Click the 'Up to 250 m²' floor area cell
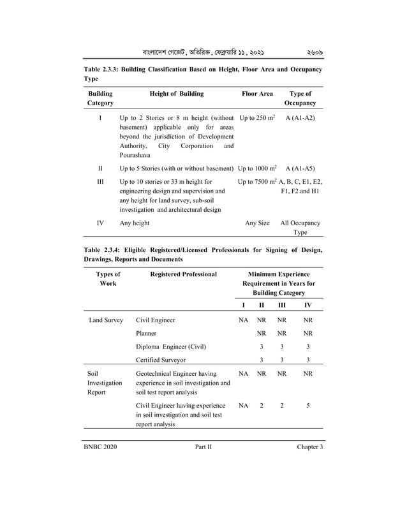point(256,119)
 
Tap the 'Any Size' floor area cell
point(257,223)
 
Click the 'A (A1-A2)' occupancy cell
point(300,119)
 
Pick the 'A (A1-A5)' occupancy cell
point(300,168)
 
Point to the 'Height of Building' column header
point(176,94)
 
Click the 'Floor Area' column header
point(257,94)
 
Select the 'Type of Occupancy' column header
point(300,98)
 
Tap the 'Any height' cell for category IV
point(135,223)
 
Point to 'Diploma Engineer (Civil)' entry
point(171,346)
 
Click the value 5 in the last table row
point(307,405)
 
